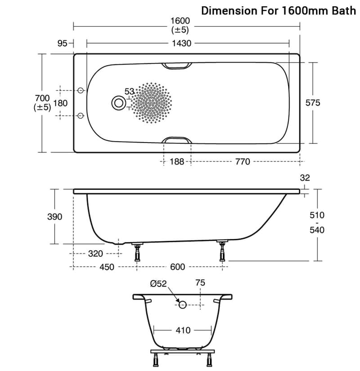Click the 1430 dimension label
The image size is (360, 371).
181,43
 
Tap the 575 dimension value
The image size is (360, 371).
313,103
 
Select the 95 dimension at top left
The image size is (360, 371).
62,43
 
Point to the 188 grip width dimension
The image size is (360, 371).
177,161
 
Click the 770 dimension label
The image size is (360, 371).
243,161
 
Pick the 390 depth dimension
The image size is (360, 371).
55,216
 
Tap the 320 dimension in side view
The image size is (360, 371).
95,254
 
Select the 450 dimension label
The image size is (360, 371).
107,267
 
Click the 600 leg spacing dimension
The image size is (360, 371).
177,267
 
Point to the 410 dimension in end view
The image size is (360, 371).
183,330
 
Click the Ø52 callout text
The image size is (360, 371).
158,283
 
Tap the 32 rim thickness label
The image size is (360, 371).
305,178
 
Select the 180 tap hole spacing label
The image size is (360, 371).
60,103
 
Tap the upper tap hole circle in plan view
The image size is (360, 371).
81,90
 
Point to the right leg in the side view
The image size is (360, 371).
222,251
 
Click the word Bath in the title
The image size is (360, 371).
344,11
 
